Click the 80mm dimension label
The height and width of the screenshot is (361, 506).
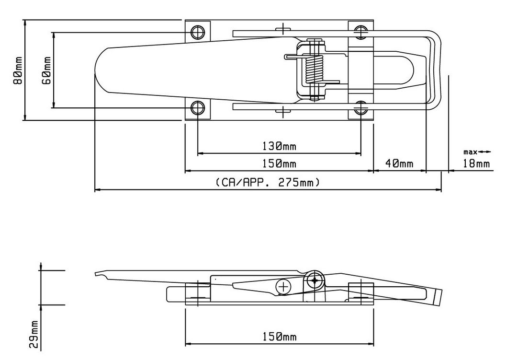point(18,70)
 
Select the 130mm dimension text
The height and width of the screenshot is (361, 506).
point(279,146)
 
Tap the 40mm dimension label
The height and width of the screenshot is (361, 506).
point(399,163)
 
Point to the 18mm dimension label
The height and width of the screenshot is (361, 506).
point(476,163)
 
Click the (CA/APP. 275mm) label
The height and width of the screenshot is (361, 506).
point(268,182)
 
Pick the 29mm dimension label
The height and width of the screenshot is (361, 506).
point(34,334)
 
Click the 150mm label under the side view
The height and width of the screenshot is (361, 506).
point(279,337)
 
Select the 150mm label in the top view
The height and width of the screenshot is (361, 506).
point(279,163)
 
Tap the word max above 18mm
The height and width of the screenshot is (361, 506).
point(470,152)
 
